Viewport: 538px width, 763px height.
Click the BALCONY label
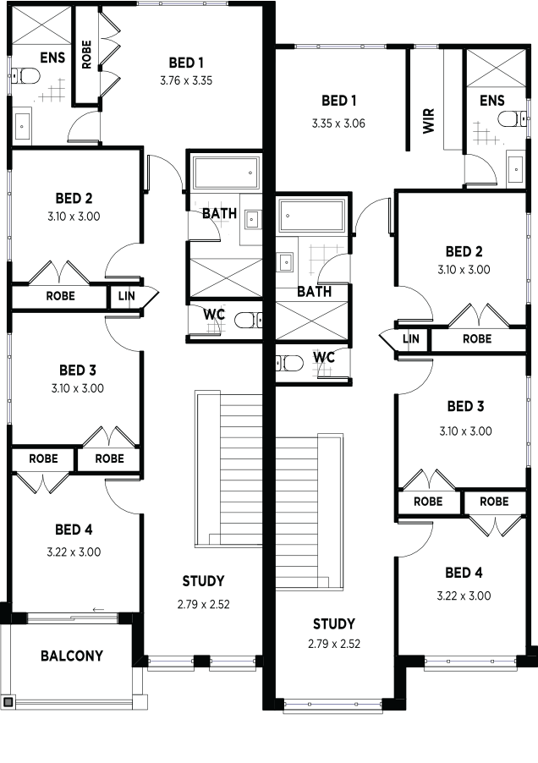(x=72, y=656)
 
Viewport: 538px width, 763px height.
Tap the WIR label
(x=428, y=121)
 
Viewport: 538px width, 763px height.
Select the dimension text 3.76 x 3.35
(x=186, y=80)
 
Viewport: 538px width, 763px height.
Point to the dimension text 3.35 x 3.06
(x=338, y=124)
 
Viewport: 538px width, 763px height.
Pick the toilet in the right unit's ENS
(x=513, y=118)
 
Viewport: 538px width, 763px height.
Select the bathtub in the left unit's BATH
(x=225, y=173)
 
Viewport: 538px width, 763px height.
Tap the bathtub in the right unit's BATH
(x=312, y=215)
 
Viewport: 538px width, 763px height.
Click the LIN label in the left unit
(x=127, y=295)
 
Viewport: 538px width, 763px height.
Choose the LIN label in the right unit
(x=411, y=338)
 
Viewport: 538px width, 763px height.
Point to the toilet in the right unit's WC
(x=289, y=363)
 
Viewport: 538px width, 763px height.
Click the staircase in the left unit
(x=228, y=469)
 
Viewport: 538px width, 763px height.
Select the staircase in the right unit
(x=310, y=512)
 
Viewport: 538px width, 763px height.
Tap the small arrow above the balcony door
(x=99, y=609)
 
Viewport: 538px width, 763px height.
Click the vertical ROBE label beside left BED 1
(x=86, y=54)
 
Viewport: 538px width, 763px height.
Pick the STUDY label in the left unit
(x=203, y=581)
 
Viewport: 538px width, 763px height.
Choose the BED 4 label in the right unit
(x=464, y=573)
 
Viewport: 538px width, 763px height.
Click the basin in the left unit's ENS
(x=22, y=128)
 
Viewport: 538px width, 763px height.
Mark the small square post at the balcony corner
(x=8, y=702)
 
